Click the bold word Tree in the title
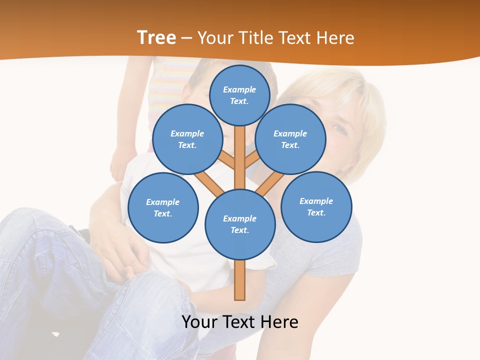pos(156,38)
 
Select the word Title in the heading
pos(255,38)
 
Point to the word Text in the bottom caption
pos(239,322)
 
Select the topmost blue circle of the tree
pos(239,95)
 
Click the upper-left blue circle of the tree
pos(187,139)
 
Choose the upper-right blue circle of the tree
pos(290,139)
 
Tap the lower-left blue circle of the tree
pos(162,207)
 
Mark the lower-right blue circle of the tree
pos(316,206)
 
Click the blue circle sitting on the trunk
pos(239,224)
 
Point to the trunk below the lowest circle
pos(239,280)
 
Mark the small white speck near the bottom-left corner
pos(55,333)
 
